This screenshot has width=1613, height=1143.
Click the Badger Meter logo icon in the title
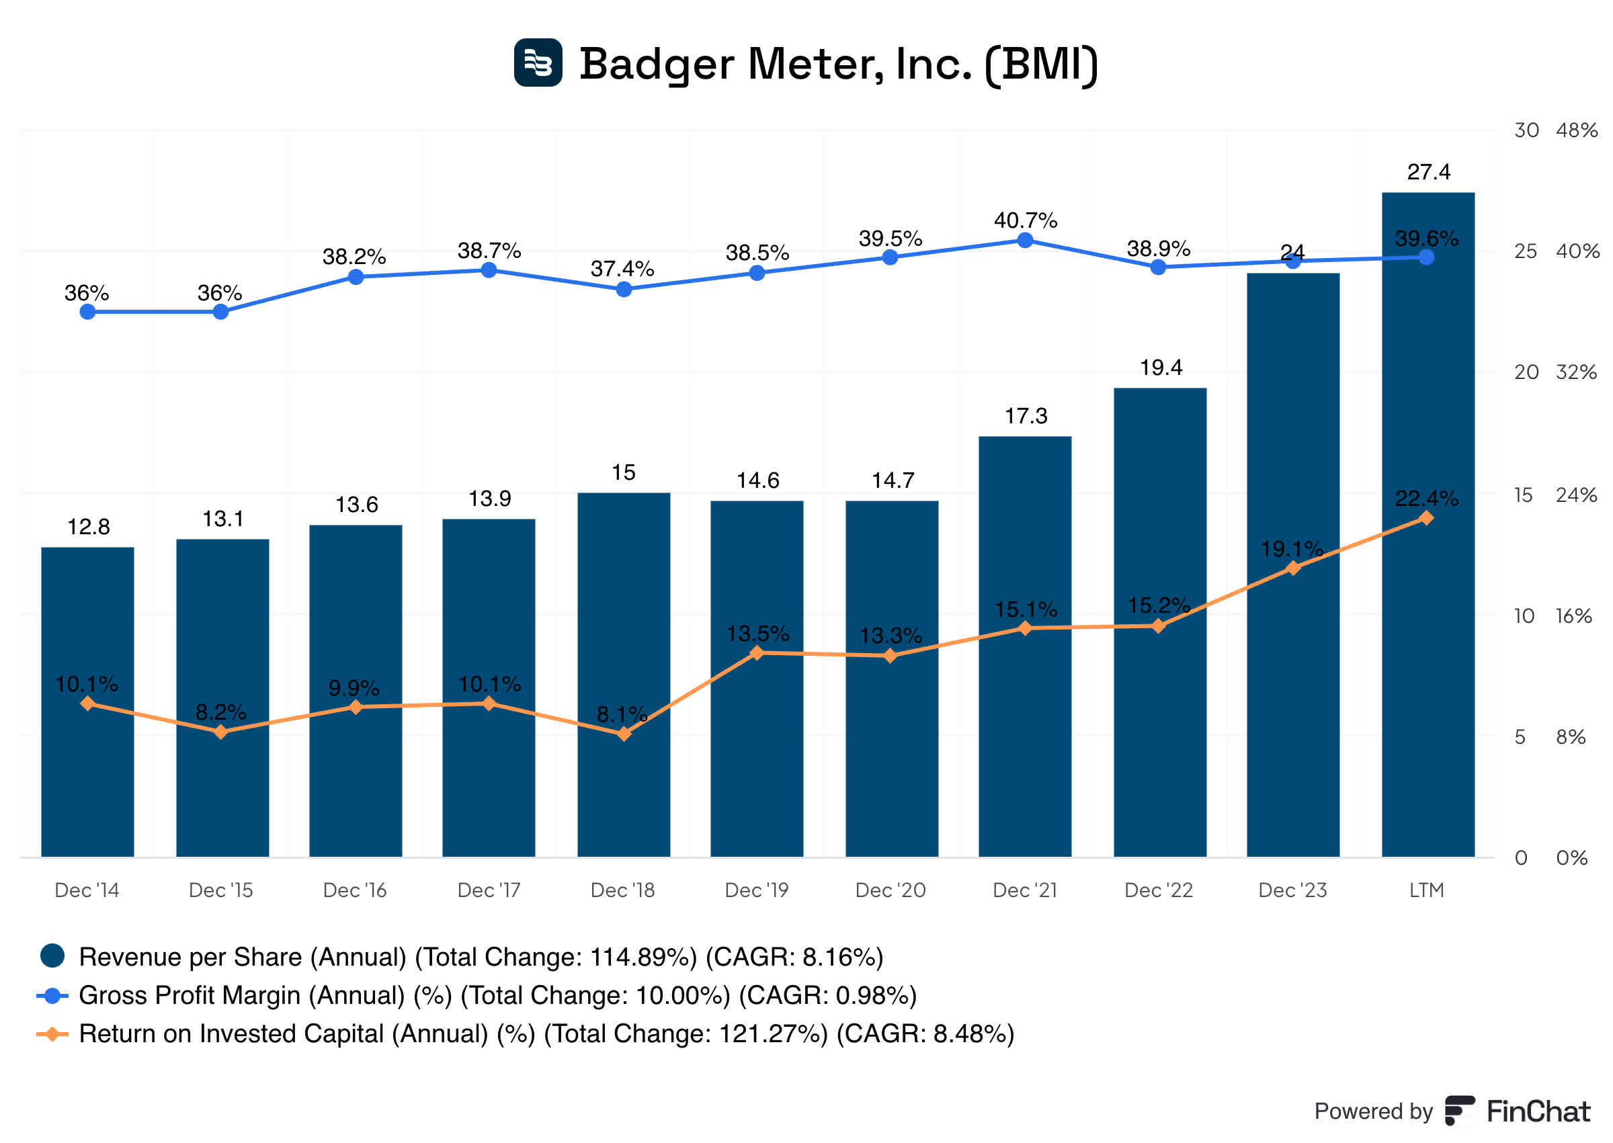(x=538, y=62)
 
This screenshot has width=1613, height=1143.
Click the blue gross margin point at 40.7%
(x=1026, y=241)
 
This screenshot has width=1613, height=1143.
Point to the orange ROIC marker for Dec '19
(x=757, y=653)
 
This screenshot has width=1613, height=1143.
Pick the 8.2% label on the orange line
(x=220, y=712)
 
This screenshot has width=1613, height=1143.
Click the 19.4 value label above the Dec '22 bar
(x=1161, y=368)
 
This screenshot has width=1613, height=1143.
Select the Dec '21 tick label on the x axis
(x=1025, y=890)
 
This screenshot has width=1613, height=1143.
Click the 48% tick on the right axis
(x=1577, y=130)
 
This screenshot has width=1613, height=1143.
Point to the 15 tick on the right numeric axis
(x=1523, y=495)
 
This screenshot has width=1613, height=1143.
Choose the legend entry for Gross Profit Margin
(x=497, y=995)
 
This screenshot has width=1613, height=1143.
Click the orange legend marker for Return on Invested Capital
(x=52, y=1034)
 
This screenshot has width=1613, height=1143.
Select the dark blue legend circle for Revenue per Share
(x=53, y=956)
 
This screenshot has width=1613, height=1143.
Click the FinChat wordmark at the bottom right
(x=1538, y=1111)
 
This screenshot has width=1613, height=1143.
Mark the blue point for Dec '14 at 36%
(x=87, y=312)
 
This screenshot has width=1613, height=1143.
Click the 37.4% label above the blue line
(x=622, y=269)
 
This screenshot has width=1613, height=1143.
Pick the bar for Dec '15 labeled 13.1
(x=222, y=697)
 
